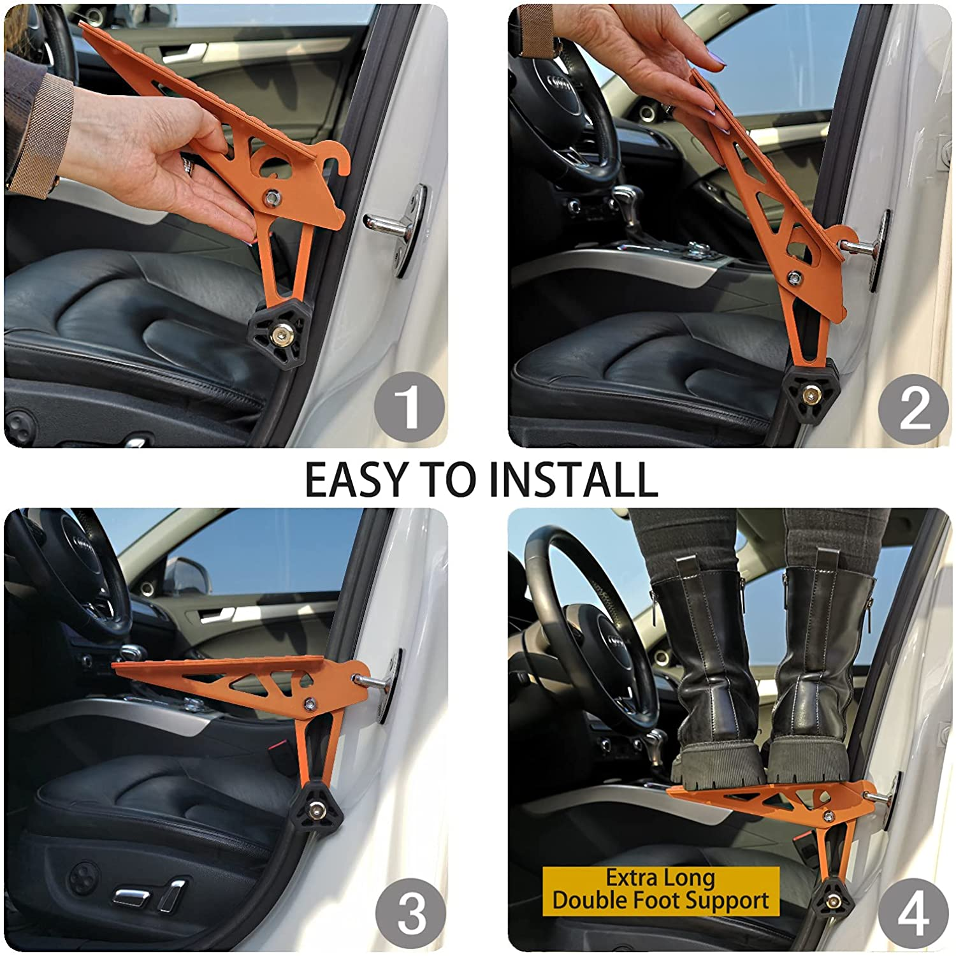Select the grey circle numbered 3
coord(410,915)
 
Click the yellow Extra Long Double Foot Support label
coord(660,890)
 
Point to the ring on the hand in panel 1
coord(187,165)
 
